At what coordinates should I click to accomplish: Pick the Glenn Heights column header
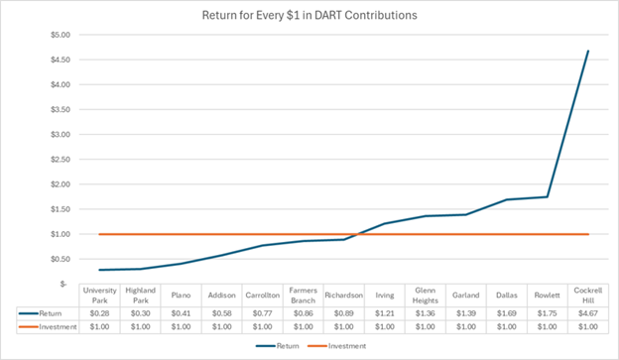click(x=424, y=295)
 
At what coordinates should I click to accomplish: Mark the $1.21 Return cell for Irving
click(x=384, y=310)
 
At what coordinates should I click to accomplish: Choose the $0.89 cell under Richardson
click(x=343, y=310)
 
